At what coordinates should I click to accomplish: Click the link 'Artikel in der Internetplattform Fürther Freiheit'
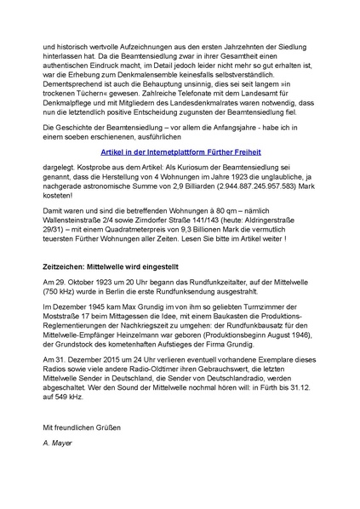[x=179, y=152]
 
